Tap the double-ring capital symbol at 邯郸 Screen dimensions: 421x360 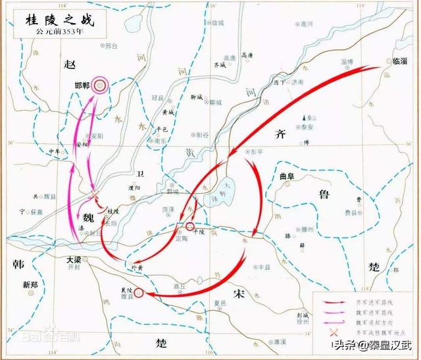(x=100, y=84)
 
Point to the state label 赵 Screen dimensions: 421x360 (x=69, y=64)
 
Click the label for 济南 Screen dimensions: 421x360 (x=297, y=82)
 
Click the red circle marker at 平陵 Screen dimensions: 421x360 (x=190, y=227)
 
